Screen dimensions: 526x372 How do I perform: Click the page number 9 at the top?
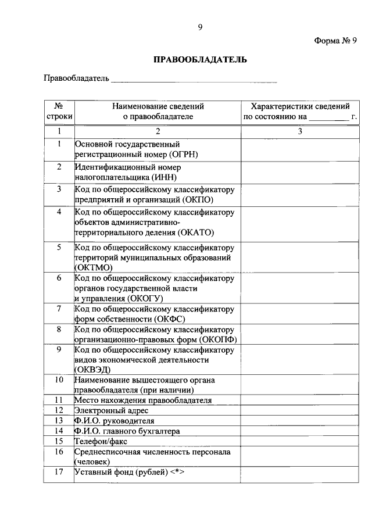click(199, 27)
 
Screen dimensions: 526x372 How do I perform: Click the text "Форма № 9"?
click(335, 40)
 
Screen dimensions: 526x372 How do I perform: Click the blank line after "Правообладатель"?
click(194, 79)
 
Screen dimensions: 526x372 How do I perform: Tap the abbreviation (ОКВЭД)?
click(92, 370)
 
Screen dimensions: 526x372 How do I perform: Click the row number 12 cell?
click(59, 410)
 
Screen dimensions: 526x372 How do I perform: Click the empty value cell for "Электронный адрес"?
click(299, 410)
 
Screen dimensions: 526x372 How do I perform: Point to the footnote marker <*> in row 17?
click(177, 472)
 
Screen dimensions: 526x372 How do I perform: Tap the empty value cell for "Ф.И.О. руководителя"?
click(299, 420)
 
